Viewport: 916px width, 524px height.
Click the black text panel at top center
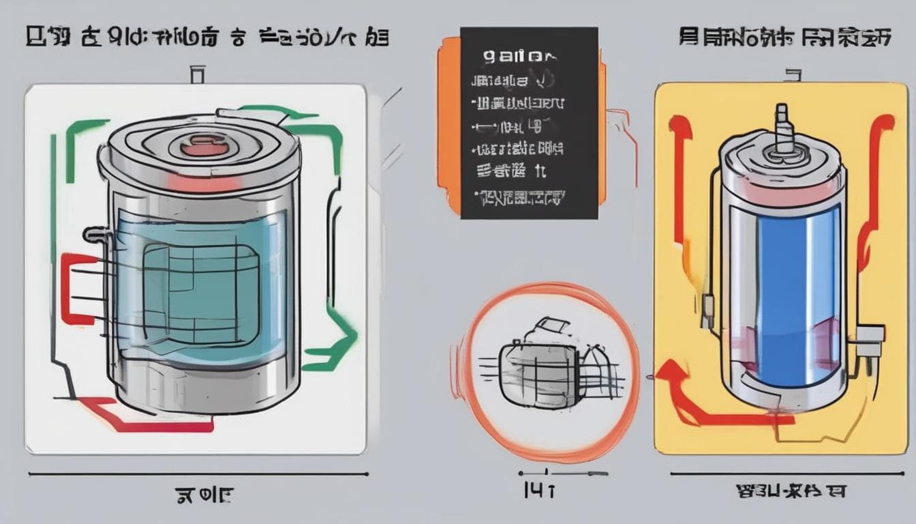tap(529, 123)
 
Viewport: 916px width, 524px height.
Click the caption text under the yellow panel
tap(791, 491)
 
